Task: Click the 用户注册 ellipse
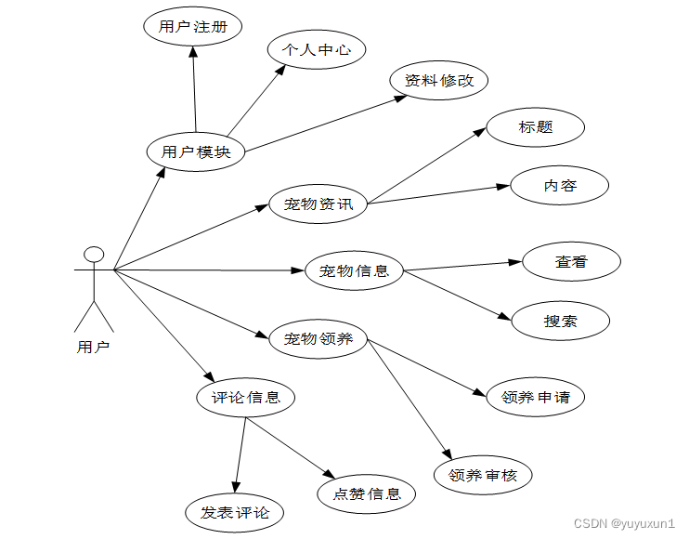192,27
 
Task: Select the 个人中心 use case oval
317,50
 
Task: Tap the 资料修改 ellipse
439,81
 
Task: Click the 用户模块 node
196,151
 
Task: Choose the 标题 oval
536,127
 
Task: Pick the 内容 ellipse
560,186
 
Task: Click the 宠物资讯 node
318,204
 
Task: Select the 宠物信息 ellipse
354,271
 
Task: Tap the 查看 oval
571,262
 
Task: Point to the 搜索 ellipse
560,322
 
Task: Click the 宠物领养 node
318,339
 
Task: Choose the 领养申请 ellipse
536,398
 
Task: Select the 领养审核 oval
483,475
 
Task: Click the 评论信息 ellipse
246,398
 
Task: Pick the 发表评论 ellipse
234,512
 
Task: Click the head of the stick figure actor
93,255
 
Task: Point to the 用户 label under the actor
93,348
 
